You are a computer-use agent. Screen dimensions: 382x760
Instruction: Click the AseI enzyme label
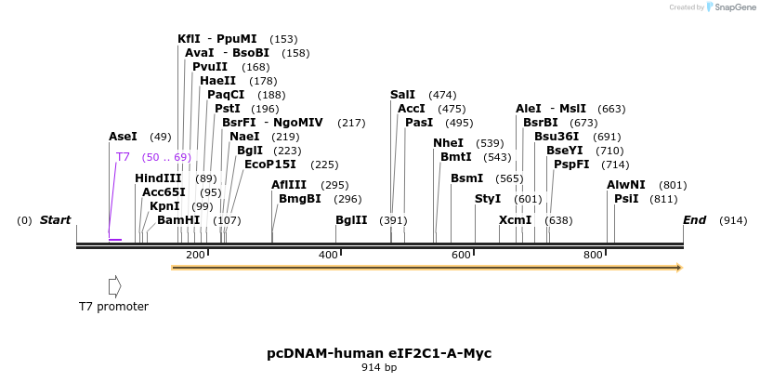[x=123, y=137]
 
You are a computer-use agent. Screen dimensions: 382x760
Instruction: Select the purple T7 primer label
[x=123, y=157]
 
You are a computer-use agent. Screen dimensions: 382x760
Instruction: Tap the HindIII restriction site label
[x=158, y=178]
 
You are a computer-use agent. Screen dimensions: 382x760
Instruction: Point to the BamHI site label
[x=178, y=220]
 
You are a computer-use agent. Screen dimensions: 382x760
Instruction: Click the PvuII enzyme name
[x=210, y=67]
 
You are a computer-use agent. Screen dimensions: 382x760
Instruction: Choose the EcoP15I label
[x=270, y=165]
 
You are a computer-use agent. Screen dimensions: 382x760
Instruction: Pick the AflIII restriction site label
[x=289, y=185]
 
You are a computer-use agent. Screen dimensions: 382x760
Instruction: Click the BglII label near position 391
[x=351, y=220]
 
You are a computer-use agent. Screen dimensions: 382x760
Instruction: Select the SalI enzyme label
[x=402, y=95]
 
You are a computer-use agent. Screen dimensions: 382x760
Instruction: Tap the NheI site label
[x=448, y=143]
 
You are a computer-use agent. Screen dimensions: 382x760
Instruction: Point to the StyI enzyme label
[x=488, y=199]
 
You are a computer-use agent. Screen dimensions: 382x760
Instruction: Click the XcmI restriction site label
[x=515, y=220]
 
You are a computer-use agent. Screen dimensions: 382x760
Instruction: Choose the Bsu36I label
[x=557, y=137]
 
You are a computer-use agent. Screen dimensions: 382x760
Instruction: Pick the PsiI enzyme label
[x=626, y=199]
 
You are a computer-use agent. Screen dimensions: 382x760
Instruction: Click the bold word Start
[x=55, y=220]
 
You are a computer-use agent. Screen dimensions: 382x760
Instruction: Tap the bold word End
[x=694, y=220]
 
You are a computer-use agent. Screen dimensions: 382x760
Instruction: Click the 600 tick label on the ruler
[x=462, y=255]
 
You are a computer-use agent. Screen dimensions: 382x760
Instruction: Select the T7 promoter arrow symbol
[x=114, y=286]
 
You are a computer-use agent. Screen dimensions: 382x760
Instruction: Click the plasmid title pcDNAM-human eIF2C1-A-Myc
[x=379, y=353]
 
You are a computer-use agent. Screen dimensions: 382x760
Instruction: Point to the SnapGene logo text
[x=733, y=7]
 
